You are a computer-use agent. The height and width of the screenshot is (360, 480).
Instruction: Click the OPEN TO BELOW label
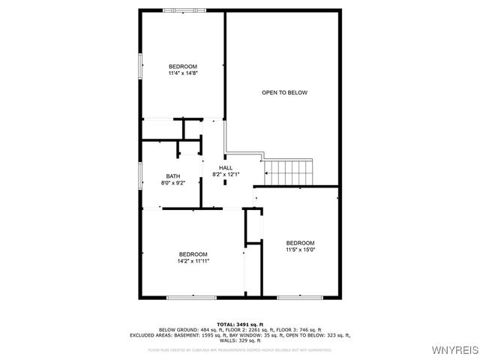pos(284,92)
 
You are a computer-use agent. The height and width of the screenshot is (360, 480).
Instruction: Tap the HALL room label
pos(226,167)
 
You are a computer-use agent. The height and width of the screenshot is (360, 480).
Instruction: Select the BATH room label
pos(173,176)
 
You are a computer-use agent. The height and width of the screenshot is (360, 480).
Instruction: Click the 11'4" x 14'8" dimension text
pos(182,73)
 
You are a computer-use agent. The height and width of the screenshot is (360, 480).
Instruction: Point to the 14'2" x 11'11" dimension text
pos(193,261)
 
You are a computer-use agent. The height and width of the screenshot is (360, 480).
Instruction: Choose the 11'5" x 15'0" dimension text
pos(300,250)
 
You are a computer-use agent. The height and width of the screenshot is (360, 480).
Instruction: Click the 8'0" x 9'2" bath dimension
pos(173,183)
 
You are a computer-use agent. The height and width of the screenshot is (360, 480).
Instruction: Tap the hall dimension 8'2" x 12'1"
pos(226,174)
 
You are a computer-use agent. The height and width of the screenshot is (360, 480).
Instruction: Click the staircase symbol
pos(289,172)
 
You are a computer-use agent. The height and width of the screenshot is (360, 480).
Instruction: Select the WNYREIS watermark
pos(454,350)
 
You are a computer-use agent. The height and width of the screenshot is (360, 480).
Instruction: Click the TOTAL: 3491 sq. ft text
pos(239,323)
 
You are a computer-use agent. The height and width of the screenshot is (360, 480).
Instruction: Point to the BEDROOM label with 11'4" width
pos(182,67)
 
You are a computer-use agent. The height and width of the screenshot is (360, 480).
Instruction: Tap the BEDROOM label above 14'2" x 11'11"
pos(193,254)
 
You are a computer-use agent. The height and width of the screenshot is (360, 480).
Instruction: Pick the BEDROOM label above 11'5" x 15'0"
pos(300,242)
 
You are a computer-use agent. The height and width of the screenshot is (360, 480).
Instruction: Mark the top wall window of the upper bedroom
pos(182,10)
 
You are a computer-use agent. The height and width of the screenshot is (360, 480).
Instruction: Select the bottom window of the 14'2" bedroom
pos(192,298)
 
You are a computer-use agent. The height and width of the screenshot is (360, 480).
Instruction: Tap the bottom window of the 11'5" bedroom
pos(299,298)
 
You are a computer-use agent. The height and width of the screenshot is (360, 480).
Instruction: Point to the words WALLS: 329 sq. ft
pos(239,340)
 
